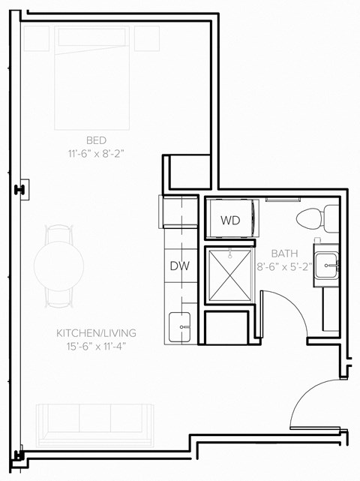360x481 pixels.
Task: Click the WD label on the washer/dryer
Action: pyautogui.click(x=230, y=221)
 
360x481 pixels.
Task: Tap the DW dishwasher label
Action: pyautogui.click(x=178, y=265)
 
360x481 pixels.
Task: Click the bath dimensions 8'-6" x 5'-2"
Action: pyautogui.click(x=286, y=266)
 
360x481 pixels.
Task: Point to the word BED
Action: pyautogui.click(x=96, y=140)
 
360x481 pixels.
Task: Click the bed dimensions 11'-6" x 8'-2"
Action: pyautogui.click(x=96, y=153)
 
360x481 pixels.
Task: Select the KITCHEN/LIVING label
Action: pyautogui.click(x=96, y=332)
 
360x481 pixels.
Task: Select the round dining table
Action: pyautogui.click(x=58, y=266)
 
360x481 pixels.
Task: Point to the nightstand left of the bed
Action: pyautogui.click(x=36, y=38)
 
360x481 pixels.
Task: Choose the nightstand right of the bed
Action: pyautogui.click(x=146, y=38)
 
